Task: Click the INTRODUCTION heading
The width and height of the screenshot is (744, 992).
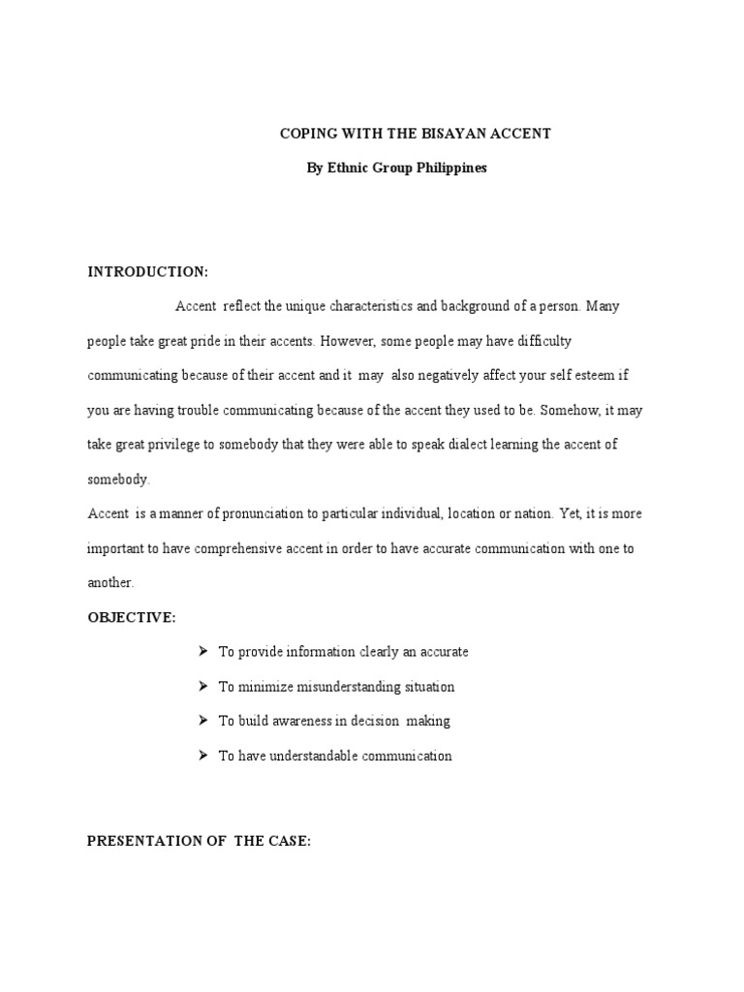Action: [147, 271]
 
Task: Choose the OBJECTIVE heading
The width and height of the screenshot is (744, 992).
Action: [132, 617]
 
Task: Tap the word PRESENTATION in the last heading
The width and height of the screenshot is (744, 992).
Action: [142, 841]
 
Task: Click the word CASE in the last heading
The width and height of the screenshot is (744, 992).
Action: [288, 841]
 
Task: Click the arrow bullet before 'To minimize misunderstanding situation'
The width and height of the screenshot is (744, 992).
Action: [203, 686]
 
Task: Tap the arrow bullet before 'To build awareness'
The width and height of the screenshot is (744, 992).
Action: [203, 721]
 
